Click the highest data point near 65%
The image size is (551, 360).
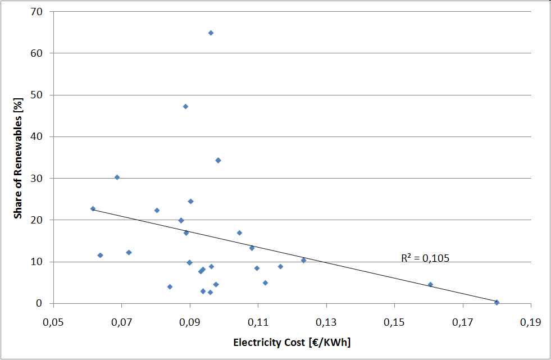(211, 33)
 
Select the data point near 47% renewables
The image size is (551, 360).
(185, 106)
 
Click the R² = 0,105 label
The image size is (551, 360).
(425, 258)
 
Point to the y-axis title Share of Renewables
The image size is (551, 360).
(18, 158)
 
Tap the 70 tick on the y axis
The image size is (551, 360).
(43, 11)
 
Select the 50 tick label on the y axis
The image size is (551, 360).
(43, 95)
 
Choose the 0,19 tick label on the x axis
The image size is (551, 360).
(530, 323)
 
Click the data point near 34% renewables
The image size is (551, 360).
(218, 160)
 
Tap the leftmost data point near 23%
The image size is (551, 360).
(93, 208)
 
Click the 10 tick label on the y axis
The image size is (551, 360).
(43, 262)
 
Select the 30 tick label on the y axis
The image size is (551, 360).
(43, 178)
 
